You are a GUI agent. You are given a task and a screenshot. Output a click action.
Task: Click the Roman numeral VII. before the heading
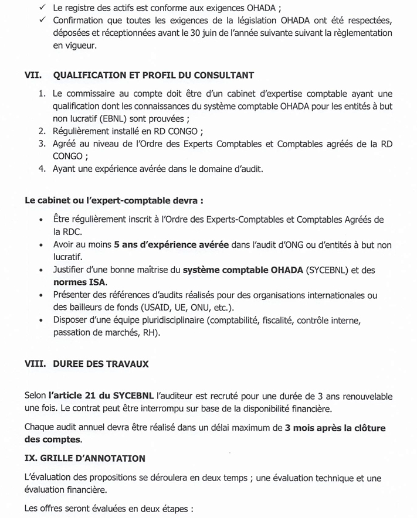click(34, 76)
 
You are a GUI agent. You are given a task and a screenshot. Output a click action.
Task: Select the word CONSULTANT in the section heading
click(223, 76)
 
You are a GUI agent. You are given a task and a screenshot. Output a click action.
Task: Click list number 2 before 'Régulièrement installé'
click(42, 131)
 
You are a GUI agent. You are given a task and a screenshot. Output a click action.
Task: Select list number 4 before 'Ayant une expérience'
click(42, 169)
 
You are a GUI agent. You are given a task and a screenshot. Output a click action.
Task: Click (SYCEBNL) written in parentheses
click(322, 270)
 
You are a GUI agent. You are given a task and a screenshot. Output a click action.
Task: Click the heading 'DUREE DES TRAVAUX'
click(100, 364)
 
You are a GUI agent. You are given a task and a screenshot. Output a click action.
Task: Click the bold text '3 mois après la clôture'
click(335, 428)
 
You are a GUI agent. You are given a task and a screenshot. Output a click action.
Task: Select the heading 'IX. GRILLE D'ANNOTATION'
click(85, 458)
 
